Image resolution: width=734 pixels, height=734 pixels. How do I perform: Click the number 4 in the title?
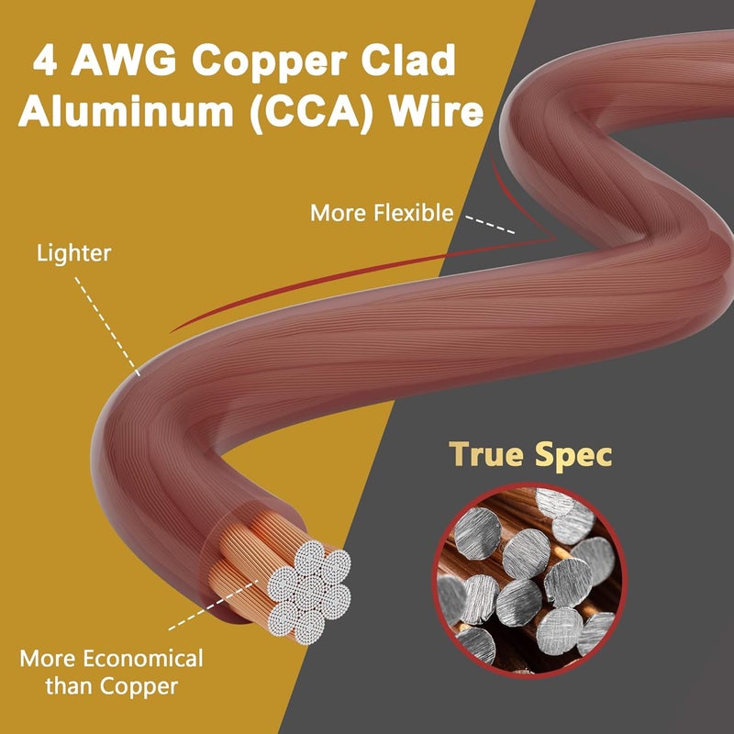45,60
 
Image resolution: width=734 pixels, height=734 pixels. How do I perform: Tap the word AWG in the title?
124,60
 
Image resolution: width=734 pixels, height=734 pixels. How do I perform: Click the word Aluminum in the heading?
126,111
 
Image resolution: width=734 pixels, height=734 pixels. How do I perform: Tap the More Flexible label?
382,213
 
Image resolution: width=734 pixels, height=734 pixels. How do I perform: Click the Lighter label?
74,254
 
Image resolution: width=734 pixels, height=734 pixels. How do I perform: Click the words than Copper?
111,686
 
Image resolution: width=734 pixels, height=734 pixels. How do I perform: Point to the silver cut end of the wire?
309,592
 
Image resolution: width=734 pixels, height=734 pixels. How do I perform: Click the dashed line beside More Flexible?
490,225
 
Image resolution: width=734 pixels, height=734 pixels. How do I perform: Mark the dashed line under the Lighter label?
107,327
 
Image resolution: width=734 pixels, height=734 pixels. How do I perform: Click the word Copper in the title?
269,61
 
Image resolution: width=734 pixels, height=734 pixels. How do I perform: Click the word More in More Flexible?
338,213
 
